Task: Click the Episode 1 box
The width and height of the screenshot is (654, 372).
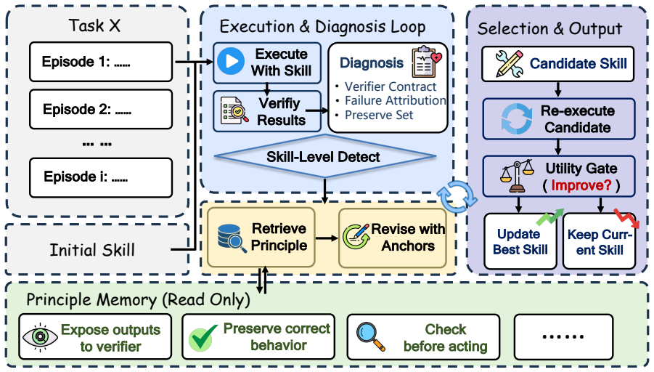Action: pos(100,62)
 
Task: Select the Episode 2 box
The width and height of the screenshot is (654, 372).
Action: pos(100,110)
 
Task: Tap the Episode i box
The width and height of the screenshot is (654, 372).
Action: pos(100,177)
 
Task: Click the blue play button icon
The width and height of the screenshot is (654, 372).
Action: pos(231,61)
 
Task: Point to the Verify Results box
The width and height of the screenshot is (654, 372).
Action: pos(267,112)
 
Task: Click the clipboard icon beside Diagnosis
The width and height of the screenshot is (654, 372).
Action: pos(426,62)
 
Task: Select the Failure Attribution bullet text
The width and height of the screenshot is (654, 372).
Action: pos(395,100)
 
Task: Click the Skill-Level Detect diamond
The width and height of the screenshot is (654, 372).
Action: pos(325,156)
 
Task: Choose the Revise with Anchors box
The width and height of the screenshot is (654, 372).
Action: pos(393,238)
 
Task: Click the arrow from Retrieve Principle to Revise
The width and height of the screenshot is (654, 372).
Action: pos(327,238)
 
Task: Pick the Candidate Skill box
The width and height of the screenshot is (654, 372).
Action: pos(558,64)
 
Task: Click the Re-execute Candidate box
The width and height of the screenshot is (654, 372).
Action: pos(559,119)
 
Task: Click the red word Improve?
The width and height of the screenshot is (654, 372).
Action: pos(581,185)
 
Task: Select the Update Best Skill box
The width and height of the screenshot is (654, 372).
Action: pos(520,241)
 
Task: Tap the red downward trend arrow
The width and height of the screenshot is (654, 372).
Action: pos(626,219)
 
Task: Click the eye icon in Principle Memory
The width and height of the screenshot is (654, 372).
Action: pos(40,336)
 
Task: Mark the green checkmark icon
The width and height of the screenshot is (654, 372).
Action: pos(203,337)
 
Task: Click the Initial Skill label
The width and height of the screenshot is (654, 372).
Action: pos(92,250)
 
